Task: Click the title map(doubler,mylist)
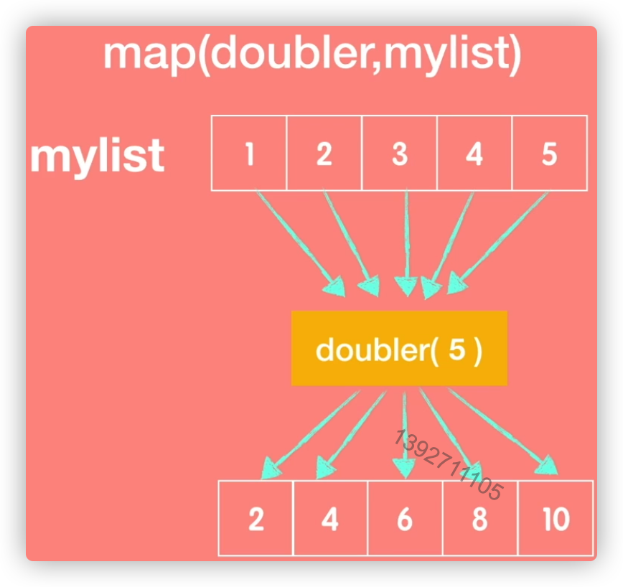click(x=311, y=57)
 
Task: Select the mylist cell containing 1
click(x=249, y=153)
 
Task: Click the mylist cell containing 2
click(x=324, y=153)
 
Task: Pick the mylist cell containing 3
click(x=399, y=153)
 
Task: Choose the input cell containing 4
click(x=474, y=153)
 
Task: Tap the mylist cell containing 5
click(x=549, y=153)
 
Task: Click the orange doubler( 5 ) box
click(x=399, y=349)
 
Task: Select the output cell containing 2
click(x=256, y=518)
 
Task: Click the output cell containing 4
click(x=330, y=518)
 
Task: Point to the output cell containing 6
click(x=405, y=518)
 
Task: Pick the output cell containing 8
click(x=479, y=518)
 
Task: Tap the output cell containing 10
click(x=556, y=518)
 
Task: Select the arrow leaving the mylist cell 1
click(x=298, y=241)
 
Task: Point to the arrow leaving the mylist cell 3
click(x=406, y=240)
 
